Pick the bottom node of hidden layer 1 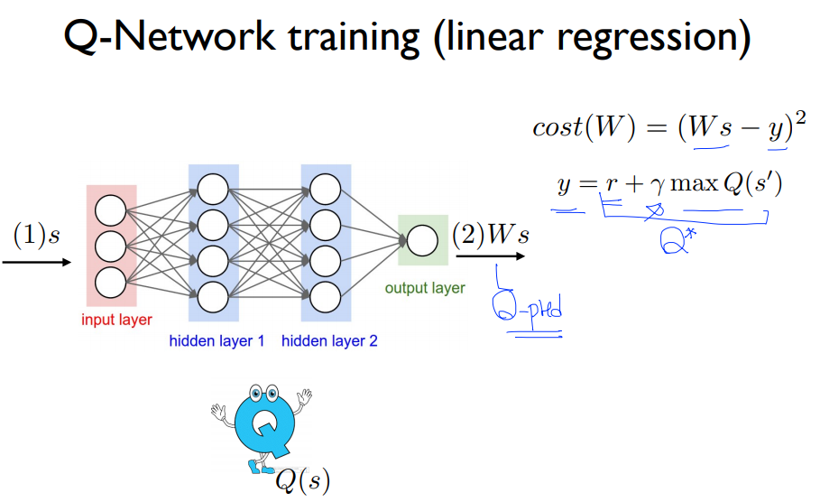click(x=213, y=294)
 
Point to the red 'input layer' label click(x=116, y=320)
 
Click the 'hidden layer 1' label click(x=217, y=341)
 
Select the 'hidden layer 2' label click(x=328, y=341)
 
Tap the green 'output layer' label click(x=425, y=289)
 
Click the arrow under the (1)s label click(x=37, y=263)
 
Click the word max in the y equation click(x=689, y=186)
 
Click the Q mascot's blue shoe click(x=262, y=469)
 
